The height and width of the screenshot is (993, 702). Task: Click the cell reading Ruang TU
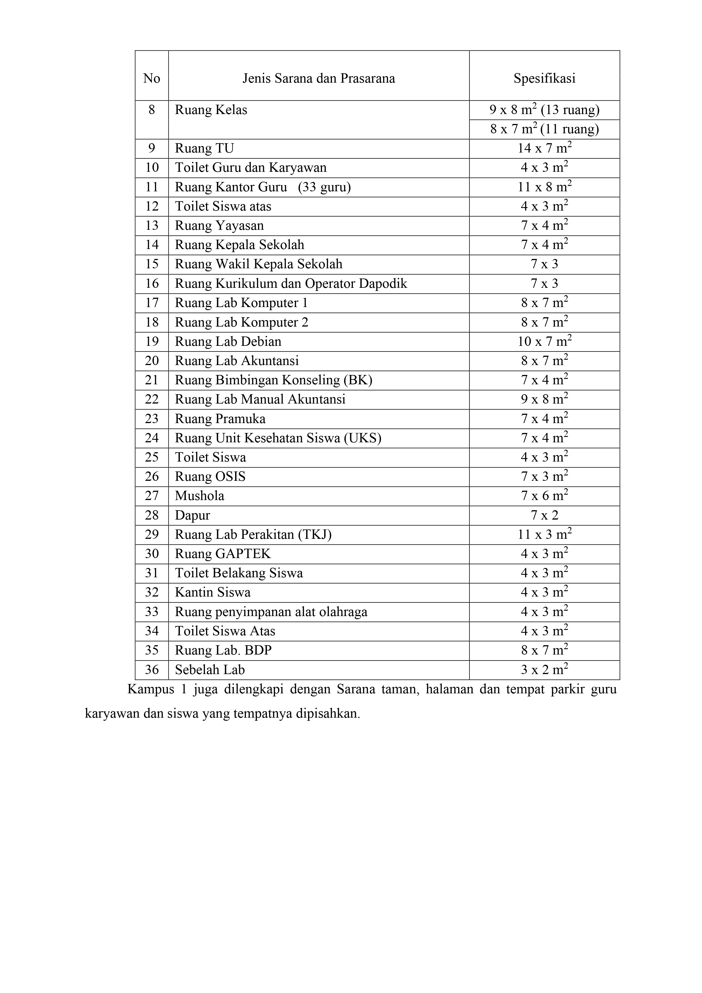point(204,148)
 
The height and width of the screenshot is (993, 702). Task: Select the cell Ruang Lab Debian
point(228,342)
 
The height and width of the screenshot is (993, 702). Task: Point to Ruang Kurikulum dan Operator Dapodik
point(291,284)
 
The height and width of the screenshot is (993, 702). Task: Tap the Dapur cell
point(192,516)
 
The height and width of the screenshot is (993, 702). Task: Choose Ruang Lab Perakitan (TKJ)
point(253,535)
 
